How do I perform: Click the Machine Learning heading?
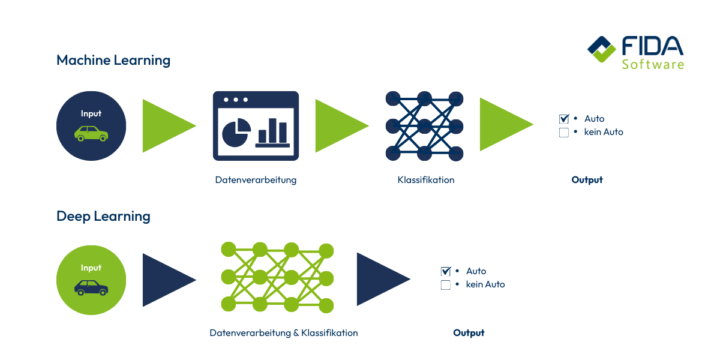[x=113, y=61]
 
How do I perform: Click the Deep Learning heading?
[x=103, y=217]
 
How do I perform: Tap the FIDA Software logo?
[x=635, y=52]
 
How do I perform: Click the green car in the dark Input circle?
[x=91, y=133]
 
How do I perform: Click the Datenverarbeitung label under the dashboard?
[x=256, y=180]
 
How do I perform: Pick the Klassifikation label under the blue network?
[x=425, y=180]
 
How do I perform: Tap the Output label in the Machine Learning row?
[x=587, y=180]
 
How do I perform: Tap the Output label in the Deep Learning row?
[x=469, y=333]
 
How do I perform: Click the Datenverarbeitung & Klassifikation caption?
[x=283, y=333]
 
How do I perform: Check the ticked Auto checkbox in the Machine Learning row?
[x=563, y=119]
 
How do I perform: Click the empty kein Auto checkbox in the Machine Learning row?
[x=563, y=133]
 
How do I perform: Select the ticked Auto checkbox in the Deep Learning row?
[x=445, y=271]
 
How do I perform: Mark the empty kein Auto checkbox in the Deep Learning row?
[x=445, y=285]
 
